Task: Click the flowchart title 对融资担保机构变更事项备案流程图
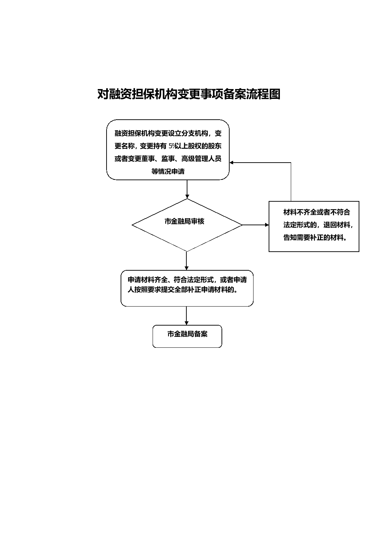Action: click(x=189, y=94)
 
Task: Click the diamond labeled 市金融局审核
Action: click(x=187, y=225)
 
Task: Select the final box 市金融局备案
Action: click(x=187, y=336)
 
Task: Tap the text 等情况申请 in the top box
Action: click(x=168, y=171)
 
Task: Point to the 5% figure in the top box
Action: click(x=172, y=146)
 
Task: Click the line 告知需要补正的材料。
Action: click(x=315, y=237)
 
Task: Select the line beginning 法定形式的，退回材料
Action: click(x=318, y=225)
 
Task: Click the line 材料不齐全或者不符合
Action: click(x=317, y=212)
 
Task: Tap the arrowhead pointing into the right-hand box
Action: click(x=267, y=225)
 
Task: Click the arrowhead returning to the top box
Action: click(x=231, y=163)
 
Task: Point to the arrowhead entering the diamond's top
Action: click(x=187, y=196)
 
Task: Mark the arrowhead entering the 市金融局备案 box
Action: click(x=187, y=323)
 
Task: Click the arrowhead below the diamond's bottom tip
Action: click(x=187, y=268)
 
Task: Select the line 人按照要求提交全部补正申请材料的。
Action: click(x=182, y=290)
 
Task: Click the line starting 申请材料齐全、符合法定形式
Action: click(x=187, y=280)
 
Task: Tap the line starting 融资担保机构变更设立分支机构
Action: click(x=168, y=133)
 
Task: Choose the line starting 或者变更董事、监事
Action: click(x=168, y=159)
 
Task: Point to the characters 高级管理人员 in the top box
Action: click(x=201, y=159)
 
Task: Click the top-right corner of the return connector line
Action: click(x=291, y=163)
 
